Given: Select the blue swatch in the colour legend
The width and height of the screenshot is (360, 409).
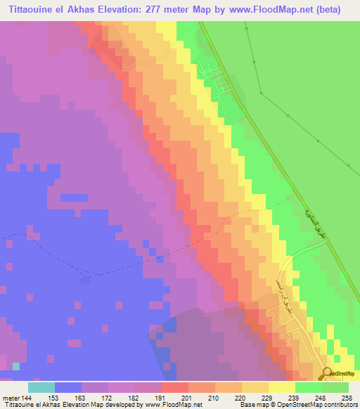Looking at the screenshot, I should click(68, 387).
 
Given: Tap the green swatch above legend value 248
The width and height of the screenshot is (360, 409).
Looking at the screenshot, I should click(309, 387).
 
